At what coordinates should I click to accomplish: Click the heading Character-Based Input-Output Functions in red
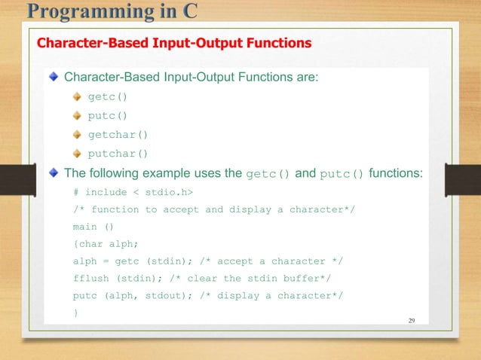pyautogui.click(x=174, y=43)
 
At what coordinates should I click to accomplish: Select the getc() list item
pyautogui.click(x=109, y=96)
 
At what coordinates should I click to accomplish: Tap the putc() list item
pyautogui.click(x=109, y=115)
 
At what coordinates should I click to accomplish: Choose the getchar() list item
pyautogui.click(x=118, y=135)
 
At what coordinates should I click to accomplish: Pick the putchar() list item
pyautogui.click(x=118, y=154)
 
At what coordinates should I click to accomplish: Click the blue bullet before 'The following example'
pyautogui.click(x=53, y=173)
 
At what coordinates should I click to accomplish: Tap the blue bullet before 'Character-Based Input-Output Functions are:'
pyautogui.click(x=53, y=77)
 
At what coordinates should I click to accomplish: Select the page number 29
pyautogui.click(x=411, y=320)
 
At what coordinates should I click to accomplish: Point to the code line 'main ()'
pyautogui.click(x=93, y=226)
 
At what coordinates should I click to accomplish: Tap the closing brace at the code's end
pyautogui.click(x=75, y=313)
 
